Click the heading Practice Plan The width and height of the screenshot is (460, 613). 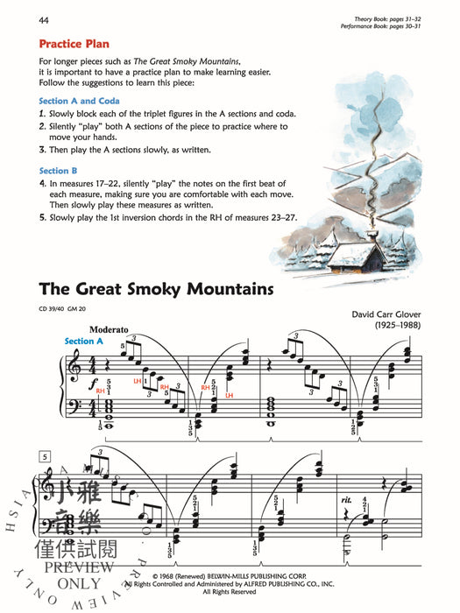pos(78,43)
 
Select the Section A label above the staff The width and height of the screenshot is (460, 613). pos(84,341)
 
